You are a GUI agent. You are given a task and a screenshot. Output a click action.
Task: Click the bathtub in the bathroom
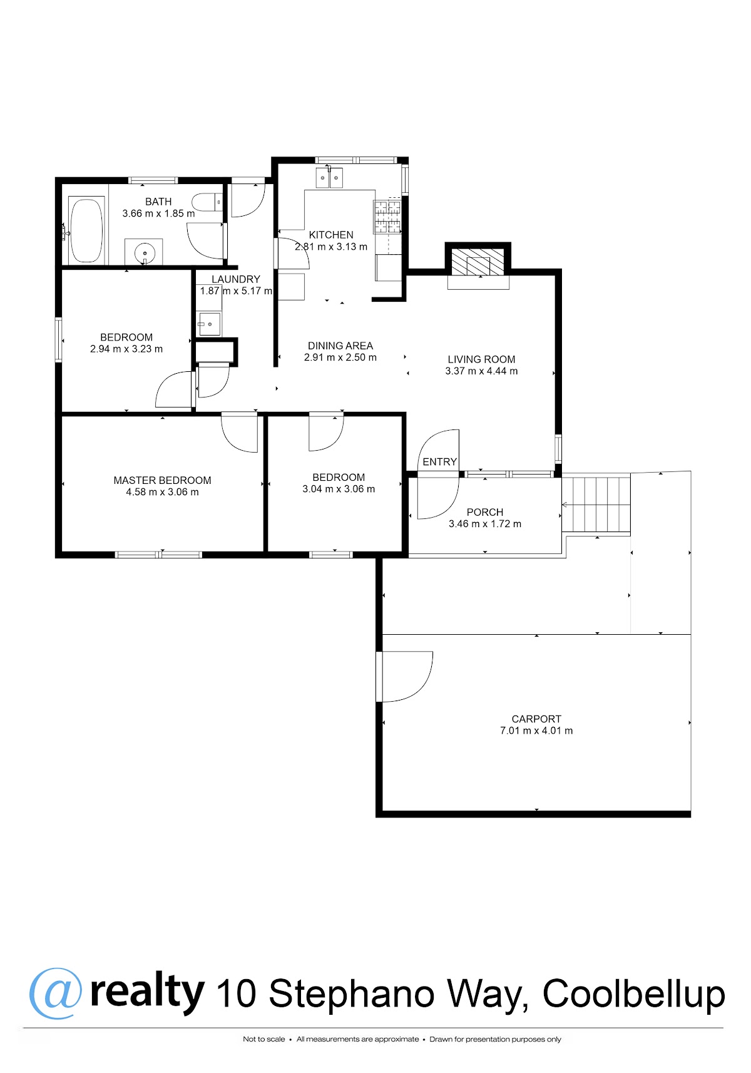86,230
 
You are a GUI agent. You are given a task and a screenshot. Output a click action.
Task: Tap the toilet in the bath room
207,202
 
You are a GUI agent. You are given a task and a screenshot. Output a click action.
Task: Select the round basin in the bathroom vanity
144,251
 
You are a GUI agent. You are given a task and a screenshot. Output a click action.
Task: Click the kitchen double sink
329,178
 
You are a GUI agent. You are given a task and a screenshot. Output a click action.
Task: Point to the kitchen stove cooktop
387,217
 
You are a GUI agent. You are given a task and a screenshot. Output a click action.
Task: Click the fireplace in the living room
478,262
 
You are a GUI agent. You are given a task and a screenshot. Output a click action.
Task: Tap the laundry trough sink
209,324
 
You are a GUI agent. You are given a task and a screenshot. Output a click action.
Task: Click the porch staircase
596,505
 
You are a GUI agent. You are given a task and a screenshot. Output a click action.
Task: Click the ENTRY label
440,462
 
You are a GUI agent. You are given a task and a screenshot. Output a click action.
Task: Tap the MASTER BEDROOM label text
162,480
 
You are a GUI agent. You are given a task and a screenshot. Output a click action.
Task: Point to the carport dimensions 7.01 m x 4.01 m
536,731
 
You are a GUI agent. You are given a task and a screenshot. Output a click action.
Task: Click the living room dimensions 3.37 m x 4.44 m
481,371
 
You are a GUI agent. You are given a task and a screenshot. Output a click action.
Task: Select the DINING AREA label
340,346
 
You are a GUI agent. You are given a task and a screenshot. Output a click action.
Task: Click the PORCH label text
484,512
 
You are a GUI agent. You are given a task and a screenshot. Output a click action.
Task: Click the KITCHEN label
331,235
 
